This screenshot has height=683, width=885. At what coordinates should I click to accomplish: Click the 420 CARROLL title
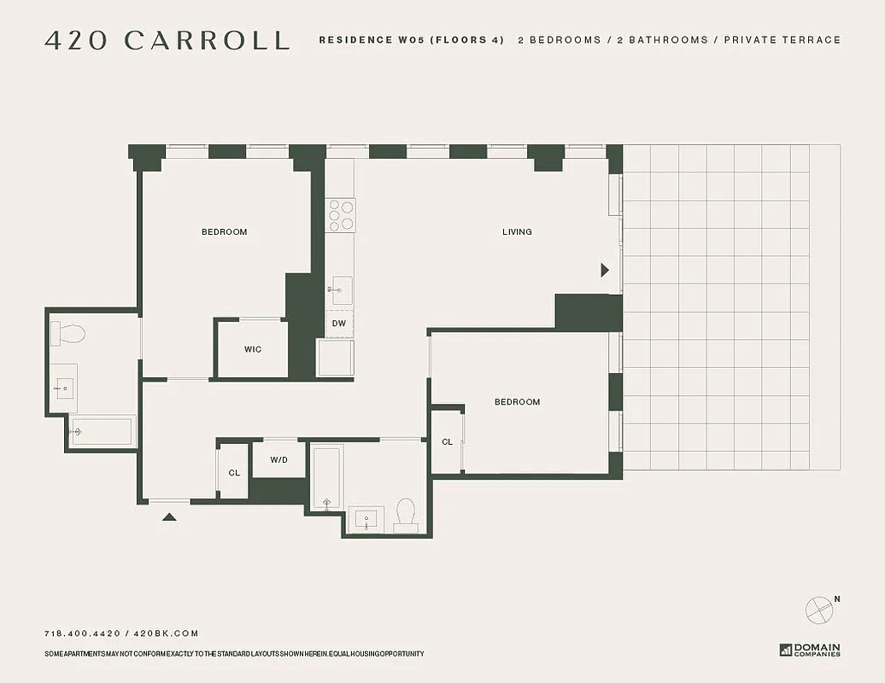pyautogui.click(x=167, y=40)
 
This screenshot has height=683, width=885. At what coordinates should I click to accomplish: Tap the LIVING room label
pyautogui.click(x=517, y=231)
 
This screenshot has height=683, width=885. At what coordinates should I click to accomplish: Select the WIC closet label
pyautogui.click(x=253, y=349)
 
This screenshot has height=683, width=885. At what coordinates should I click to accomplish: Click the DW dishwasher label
pyautogui.click(x=339, y=324)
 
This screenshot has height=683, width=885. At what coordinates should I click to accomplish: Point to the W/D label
pyautogui.click(x=279, y=459)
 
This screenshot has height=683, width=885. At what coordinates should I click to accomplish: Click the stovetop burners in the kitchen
pyautogui.click(x=342, y=214)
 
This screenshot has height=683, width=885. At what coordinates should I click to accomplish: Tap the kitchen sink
pyautogui.click(x=340, y=290)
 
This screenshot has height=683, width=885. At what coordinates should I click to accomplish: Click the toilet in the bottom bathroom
pyautogui.click(x=406, y=516)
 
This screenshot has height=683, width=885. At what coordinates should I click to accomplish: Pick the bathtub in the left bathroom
pyautogui.click(x=103, y=431)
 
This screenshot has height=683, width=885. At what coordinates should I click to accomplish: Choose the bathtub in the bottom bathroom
pyautogui.click(x=326, y=477)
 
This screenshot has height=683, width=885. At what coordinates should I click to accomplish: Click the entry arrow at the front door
pyautogui.click(x=169, y=516)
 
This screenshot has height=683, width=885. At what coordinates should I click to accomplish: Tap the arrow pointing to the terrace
pyautogui.click(x=605, y=270)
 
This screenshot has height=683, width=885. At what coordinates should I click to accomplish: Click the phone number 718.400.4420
pyautogui.click(x=83, y=633)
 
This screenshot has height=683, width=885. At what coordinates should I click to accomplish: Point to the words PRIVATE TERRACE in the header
pyautogui.click(x=782, y=40)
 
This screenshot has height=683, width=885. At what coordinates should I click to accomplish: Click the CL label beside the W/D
pyautogui.click(x=234, y=472)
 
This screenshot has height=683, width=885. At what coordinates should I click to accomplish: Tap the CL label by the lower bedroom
pyautogui.click(x=447, y=441)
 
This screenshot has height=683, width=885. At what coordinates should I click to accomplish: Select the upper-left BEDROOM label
pyautogui.click(x=224, y=231)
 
